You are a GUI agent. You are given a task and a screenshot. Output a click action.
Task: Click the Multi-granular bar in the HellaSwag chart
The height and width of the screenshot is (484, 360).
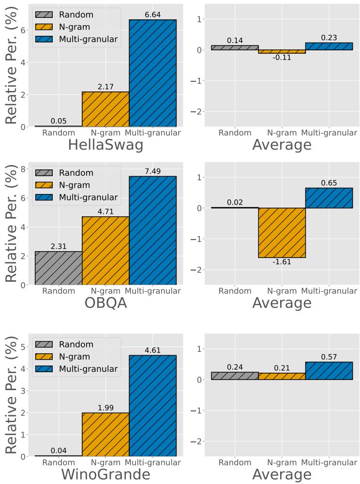[x=152, y=73]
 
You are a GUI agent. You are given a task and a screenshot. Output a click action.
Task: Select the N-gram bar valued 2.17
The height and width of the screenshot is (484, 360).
[x=105, y=109]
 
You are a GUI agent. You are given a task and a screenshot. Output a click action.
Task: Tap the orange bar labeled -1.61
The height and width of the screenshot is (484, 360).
[x=282, y=233]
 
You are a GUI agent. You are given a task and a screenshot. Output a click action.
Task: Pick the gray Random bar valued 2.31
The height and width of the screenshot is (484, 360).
[x=59, y=268]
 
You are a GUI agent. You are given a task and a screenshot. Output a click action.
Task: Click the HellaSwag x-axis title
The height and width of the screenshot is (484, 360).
[x=105, y=145]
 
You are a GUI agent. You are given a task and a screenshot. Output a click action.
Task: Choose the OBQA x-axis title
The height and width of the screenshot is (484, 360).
[x=105, y=303]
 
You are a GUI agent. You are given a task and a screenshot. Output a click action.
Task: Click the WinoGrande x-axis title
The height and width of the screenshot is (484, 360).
[x=105, y=474]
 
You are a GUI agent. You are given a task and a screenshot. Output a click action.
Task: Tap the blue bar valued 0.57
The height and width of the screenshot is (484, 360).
[x=329, y=371]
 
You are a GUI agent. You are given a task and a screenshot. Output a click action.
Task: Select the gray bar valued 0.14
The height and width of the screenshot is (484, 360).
[x=235, y=48]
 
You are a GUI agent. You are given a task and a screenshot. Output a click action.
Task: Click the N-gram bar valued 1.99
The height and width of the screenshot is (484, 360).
[x=105, y=434]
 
